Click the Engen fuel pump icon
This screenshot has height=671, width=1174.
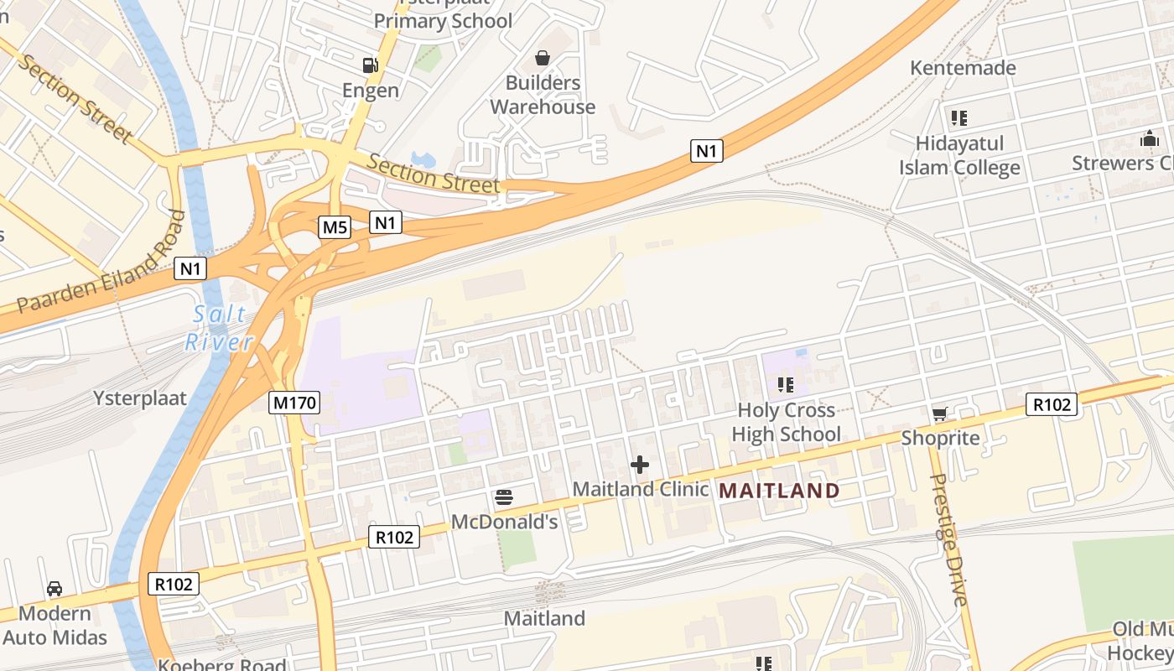[x=369, y=65]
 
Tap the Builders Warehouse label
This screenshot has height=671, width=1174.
[x=543, y=95]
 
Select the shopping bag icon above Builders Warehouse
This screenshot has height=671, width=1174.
[x=543, y=58]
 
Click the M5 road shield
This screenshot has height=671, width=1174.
[x=335, y=226]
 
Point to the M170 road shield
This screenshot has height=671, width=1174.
[x=295, y=403]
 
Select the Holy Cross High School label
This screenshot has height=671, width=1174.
[x=786, y=422]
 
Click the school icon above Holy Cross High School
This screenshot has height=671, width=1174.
[x=786, y=385]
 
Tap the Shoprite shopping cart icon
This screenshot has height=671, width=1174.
[x=939, y=414]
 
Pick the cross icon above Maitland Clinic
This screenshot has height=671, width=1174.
[x=640, y=465]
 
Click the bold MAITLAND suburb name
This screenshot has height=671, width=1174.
[x=780, y=491]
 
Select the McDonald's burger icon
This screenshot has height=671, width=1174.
[x=504, y=497]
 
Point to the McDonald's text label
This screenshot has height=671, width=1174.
[x=504, y=522]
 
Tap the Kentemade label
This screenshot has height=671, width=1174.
[x=963, y=68]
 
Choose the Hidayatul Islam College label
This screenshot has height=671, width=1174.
[x=959, y=155]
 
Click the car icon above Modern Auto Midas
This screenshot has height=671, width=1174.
[x=55, y=589]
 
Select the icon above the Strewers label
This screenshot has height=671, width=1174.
[x=1149, y=138]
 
